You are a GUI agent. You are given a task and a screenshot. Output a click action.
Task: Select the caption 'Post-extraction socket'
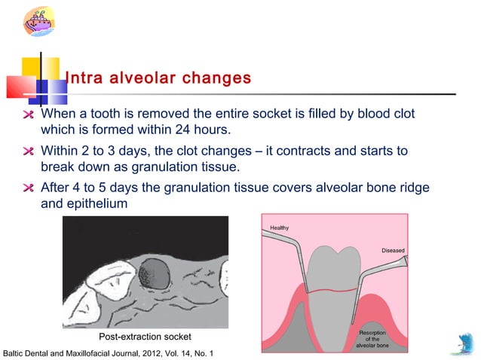(146, 336)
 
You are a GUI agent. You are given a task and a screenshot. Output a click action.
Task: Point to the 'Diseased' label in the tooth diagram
(392, 250)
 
